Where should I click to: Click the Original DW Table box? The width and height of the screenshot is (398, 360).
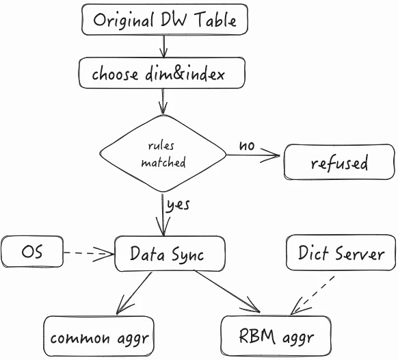[x=165, y=19]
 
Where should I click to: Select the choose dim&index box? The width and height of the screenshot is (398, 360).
[x=162, y=73]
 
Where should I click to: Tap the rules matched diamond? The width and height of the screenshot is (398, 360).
[x=163, y=153]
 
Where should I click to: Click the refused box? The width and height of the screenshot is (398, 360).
[x=339, y=162]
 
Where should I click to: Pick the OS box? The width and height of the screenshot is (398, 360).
[x=32, y=251]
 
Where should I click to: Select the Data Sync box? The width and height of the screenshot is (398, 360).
[x=170, y=253]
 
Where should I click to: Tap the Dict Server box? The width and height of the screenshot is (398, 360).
[x=341, y=253]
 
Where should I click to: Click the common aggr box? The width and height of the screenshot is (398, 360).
[x=98, y=336]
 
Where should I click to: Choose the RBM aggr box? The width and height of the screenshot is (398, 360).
[x=276, y=336]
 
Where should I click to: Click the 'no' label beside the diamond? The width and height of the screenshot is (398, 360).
[x=247, y=146]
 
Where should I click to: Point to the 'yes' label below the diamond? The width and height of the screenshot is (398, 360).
[x=178, y=205]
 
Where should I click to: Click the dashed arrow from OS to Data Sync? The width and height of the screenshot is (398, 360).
[x=89, y=253]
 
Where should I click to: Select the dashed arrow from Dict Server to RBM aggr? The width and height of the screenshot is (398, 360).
[x=313, y=296]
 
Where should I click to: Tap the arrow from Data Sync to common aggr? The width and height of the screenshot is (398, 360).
[x=134, y=293]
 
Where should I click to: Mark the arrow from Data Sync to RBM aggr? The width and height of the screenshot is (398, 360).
[x=228, y=292]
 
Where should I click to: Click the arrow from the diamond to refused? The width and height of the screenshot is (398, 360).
[x=253, y=155]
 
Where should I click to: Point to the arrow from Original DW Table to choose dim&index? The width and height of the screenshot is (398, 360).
[x=163, y=46]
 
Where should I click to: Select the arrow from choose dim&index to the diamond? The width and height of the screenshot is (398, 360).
[x=163, y=101]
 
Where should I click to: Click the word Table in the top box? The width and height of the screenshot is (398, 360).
[x=215, y=19]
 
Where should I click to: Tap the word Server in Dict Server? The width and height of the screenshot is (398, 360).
[x=360, y=253]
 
